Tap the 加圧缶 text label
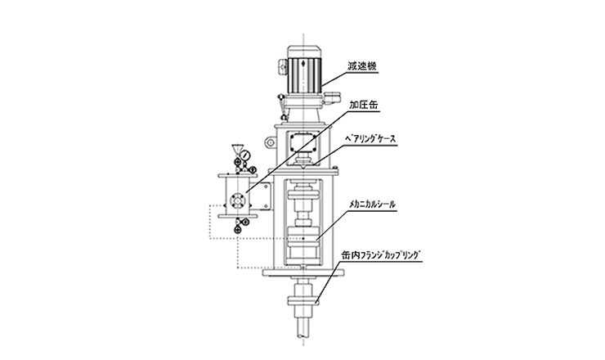click(x=364, y=105)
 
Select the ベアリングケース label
click(x=371, y=138)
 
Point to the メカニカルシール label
click(x=372, y=204)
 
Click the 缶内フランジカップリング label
click(x=380, y=254)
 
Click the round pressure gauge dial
click(x=244, y=155)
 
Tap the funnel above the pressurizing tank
click(x=236, y=149)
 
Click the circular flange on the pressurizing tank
click(x=237, y=200)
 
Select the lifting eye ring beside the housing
click(x=270, y=142)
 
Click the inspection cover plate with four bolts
click(x=303, y=142)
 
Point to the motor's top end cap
click(x=303, y=52)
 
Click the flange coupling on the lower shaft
click(x=303, y=301)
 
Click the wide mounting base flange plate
click(x=303, y=272)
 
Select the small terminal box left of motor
click(x=283, y=66)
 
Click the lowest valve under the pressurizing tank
click(x=237, y=230)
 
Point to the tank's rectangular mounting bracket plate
click(x=266, y=196)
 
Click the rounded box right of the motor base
click(x=333, y=97)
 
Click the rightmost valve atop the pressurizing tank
click(x=253, y=169)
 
